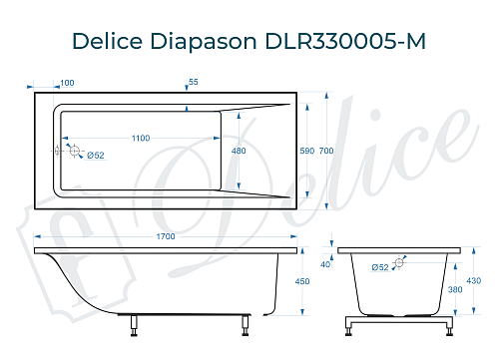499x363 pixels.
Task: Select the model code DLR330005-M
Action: point(345,43)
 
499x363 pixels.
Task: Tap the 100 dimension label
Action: point(67,83)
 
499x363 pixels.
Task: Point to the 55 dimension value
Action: point(193,83)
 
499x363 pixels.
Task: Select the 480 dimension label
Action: point(239,151)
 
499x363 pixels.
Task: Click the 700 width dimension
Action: point(326,151)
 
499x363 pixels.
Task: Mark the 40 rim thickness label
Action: point(325,263)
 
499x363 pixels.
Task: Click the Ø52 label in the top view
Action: point(96,155)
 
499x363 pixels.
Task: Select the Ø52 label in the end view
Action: point(380,266)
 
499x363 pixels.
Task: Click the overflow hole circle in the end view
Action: point(400,263)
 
